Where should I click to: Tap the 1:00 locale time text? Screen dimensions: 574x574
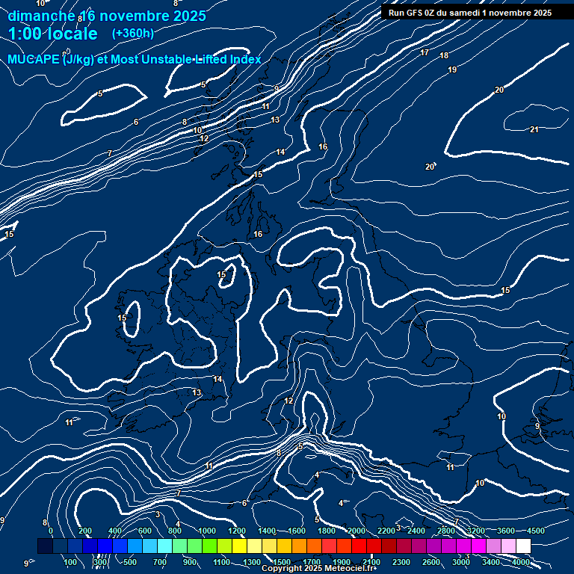[x=52, y=34]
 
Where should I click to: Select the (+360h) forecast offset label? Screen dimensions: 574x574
[x=132, y=34]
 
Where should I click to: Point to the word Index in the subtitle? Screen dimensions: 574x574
[x=244, y=60]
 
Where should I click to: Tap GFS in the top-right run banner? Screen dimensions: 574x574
[x=414, y=13]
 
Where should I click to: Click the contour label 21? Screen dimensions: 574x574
[x=534, y=130]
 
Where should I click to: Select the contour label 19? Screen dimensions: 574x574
[x=452, y=70]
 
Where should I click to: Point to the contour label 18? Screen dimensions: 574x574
[x=444, y=56]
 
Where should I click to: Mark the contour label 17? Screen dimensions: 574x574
[x=425, y=53]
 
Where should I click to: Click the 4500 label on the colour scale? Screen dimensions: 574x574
[x=534, y=531]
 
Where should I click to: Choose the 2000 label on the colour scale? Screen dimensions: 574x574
[x=356, y=531]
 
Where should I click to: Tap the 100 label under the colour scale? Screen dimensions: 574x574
[x=71, y=562]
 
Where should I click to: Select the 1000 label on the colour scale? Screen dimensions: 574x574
[x=206, y=531]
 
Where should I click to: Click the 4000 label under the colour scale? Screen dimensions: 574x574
[x=520, y=562]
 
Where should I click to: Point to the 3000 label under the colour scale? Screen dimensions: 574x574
[x=460, y=562]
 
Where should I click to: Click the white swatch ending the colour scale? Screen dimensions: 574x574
[x=544, y=547]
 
